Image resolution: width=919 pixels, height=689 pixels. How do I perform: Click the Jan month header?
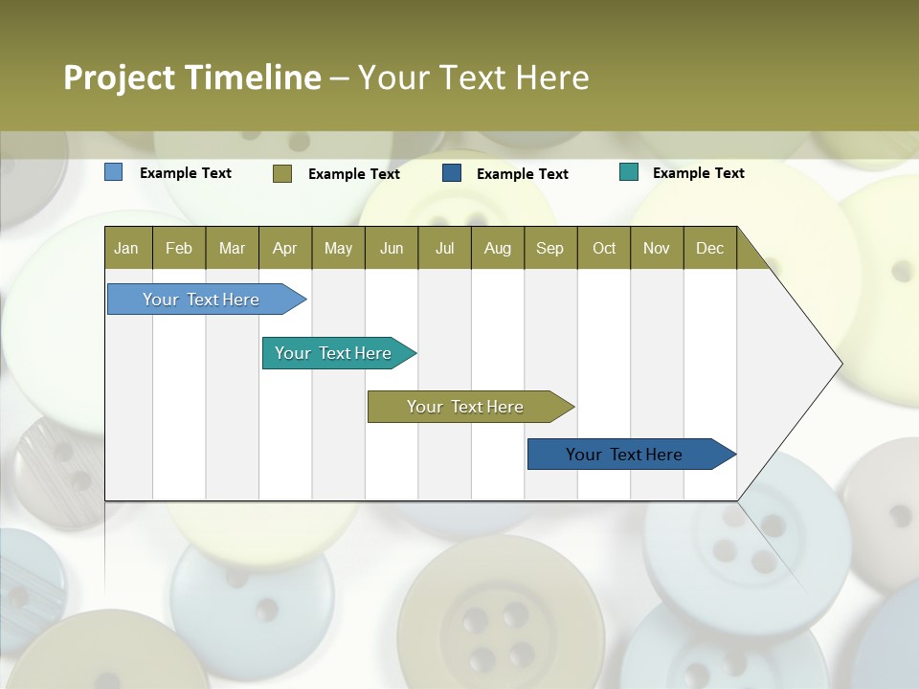(126, 248)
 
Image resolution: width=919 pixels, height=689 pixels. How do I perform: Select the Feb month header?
(179, 248)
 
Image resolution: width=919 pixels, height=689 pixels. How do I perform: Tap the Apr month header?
(284, 248)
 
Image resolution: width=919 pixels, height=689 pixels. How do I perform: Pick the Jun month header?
(392, 248)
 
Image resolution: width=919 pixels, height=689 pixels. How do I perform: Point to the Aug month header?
(497, 248)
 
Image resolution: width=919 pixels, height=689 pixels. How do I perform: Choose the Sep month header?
(549, 248)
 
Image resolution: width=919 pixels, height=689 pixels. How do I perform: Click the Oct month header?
(604, 248)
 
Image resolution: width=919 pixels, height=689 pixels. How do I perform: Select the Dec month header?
(709, 248)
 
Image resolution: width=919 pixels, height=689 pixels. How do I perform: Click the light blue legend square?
(113, 172)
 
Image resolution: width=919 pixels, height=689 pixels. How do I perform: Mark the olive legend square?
(281, 173)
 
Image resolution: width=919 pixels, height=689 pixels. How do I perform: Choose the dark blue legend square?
(452, 173)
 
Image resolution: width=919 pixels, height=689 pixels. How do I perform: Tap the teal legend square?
(629, 172)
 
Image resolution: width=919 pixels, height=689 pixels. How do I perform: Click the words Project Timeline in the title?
(191, 78)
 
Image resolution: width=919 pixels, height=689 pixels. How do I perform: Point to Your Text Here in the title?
(473, 78)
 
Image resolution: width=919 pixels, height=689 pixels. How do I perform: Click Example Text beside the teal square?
(698, 173)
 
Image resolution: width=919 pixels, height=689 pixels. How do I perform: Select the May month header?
(338, 248)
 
